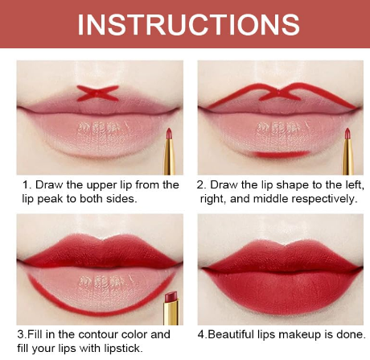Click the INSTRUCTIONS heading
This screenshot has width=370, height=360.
point(188,24)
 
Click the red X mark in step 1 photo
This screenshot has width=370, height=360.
point(97,93)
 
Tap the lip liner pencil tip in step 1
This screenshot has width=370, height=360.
point(169,133)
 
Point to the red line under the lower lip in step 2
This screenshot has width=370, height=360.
point(282,154)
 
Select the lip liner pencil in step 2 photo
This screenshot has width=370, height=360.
point(347,151)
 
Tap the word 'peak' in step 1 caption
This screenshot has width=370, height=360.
point(49,199)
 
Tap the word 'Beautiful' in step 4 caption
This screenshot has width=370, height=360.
point(231,334)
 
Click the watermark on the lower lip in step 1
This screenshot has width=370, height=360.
point(100,127)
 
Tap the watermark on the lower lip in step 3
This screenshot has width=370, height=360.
point(100,281)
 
